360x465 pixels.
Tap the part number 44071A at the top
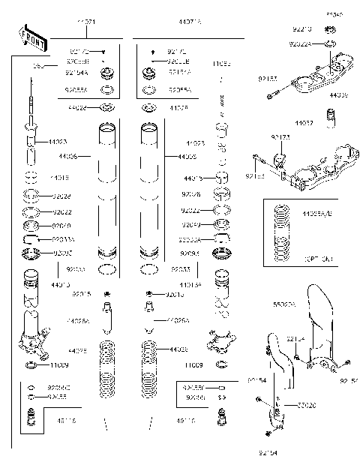(x=190, y=23)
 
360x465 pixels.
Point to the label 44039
(x=339, y=96)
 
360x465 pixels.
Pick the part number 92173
(x=281, y=138)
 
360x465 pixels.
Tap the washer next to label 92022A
(x=329, y=44)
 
